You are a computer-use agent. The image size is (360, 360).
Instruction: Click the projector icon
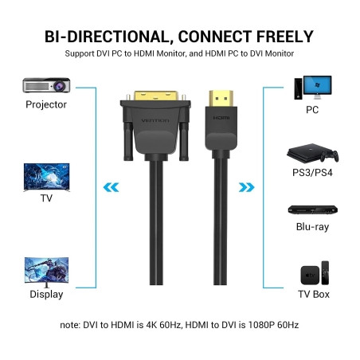pos(45,85)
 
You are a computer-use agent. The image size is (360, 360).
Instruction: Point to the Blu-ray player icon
pos(311,211)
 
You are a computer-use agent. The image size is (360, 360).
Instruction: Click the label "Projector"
pos(46,104)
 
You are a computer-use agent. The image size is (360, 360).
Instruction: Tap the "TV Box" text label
pos(312,294)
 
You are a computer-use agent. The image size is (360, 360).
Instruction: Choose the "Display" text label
pos(46,294)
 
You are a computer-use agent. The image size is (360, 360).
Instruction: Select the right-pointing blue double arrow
pos(248,188)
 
